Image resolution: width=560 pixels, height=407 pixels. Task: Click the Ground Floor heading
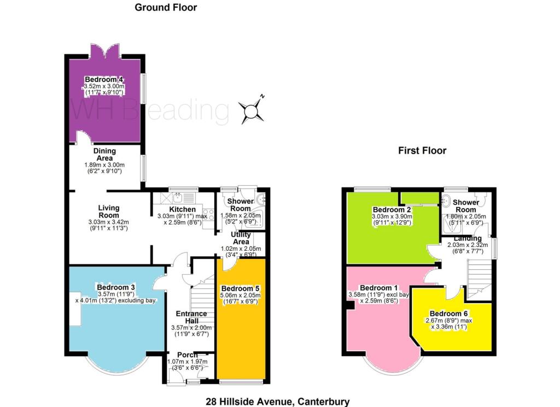pyautogui.click(x=166, y=8)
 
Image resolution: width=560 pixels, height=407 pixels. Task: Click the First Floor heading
pyautogui.click(x=422, y=151)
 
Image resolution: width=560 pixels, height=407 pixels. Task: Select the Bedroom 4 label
pyautogui.click(x=104, y=79)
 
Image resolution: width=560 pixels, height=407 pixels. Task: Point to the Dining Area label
pyautogui.click(x=104, y=154)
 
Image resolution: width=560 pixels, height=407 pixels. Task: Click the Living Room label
pyautogui.click(x=109, y=211)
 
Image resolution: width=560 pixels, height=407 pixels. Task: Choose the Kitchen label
pyautogui.click(x=182, y=209)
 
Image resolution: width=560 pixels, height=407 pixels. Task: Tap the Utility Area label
pyautogui.click(x=241, y=238)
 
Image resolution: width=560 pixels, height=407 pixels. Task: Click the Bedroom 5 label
pyautogui.click(x=241, y=288)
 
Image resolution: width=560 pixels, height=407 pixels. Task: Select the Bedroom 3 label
pyautogui.click(x=116, y=287)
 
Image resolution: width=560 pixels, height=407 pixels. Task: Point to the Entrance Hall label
pyautogui.click(x=191, y=317)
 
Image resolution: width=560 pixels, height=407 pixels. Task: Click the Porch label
pyautogui.click(x=187, y=355)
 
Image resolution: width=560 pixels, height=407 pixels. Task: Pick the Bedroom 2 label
pyautogui.click(x=392, y=210)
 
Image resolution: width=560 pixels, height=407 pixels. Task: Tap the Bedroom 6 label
pyautogui.click(x=448, y=314)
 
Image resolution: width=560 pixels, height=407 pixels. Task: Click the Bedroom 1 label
pyautogui.click(x=378, y=287)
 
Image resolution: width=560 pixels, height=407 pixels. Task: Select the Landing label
pyautogui.click(x=468, y=238)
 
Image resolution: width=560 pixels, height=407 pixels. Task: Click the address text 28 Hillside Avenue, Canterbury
pyautogui.click(x=277, y=402)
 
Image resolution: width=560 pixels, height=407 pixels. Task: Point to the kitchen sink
pyautogui.click(x=178, y=197)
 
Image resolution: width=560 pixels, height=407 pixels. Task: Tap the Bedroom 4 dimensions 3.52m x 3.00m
pyautogui.click(x=104, y=86)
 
